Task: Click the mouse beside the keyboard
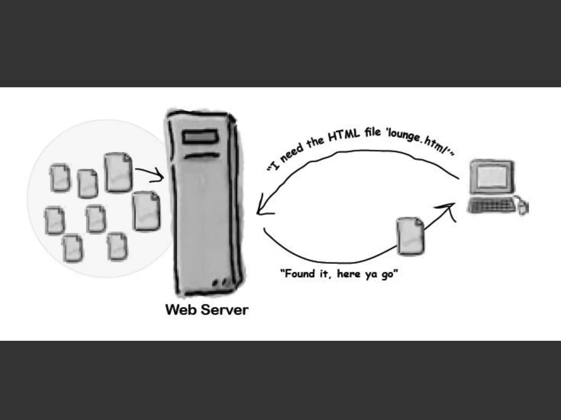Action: (523, 207)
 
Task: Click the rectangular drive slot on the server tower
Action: (201, 137)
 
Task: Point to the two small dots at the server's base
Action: (220, 282)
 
